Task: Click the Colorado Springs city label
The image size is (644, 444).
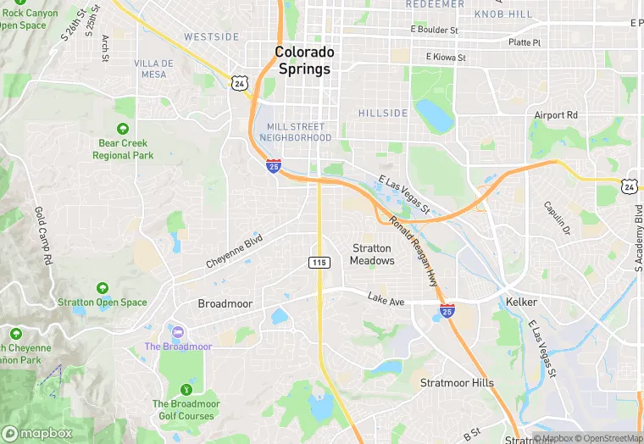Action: (x=303, y=60)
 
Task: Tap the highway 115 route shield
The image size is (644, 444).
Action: (x=319, y=264)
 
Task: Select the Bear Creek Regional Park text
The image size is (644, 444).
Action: (x=124, y=149)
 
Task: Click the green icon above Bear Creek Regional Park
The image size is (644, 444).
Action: (x=124, y=129)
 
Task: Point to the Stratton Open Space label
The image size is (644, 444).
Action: (x=103, y=302)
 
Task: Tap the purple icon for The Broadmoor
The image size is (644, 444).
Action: (x=177, y=330)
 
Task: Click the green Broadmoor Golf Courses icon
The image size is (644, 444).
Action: (x=186, y=389)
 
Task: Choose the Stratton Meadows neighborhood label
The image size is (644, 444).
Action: (x=371, y=254)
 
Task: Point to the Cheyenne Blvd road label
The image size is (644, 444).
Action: (x=235, y=253)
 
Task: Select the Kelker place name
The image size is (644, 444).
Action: (x=522, y=302)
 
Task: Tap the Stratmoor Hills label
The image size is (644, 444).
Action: (x=457, y=383)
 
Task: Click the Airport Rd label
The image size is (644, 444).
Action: (x=555, y=115)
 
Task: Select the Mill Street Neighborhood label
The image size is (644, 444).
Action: (x=295, y=132)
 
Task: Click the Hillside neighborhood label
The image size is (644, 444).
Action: (x=383, y=113)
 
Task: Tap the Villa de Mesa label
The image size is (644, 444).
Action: (x=153, y=69)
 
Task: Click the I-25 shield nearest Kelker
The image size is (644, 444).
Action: (x=447, y=311)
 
